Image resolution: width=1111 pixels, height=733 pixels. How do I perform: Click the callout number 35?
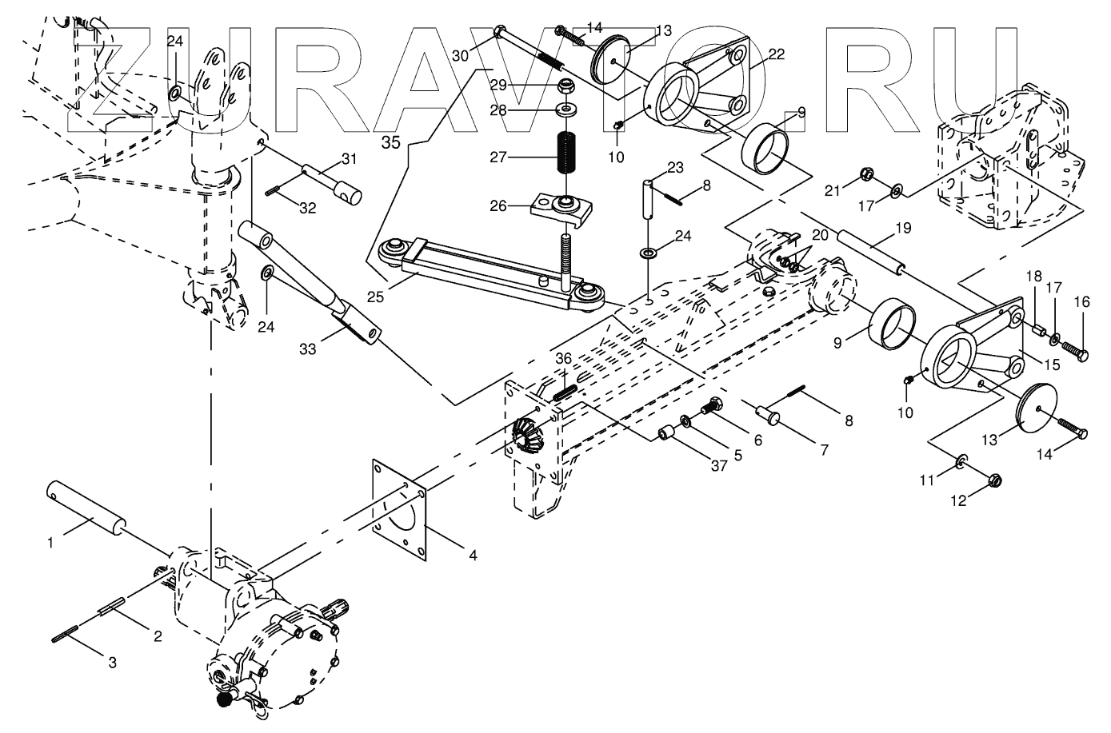390,143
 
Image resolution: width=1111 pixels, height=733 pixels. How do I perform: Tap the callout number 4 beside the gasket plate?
473,553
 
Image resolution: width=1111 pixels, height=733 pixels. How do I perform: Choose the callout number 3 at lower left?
112,661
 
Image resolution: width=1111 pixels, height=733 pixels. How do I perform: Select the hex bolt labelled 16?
1075,349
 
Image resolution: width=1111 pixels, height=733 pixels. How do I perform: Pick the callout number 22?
775,54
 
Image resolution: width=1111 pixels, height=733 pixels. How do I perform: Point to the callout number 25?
375,297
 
